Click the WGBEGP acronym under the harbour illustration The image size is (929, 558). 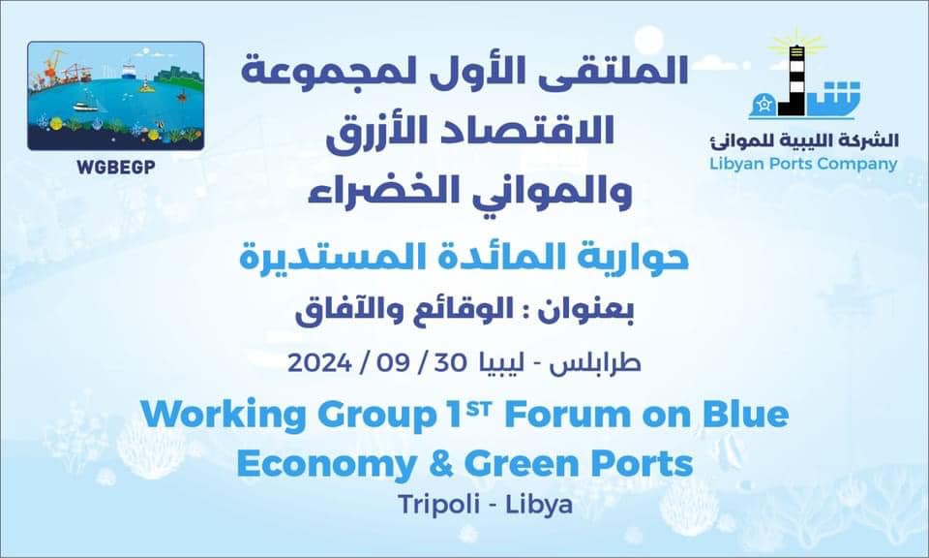(115, 168)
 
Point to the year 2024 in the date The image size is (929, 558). (319, 362)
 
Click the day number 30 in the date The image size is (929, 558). (450, 362)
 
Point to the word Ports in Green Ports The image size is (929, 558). (643, 464)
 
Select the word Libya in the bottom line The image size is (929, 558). (539, 506)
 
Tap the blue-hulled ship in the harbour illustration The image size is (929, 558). (130, 70)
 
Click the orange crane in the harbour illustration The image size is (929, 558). (52, 67)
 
